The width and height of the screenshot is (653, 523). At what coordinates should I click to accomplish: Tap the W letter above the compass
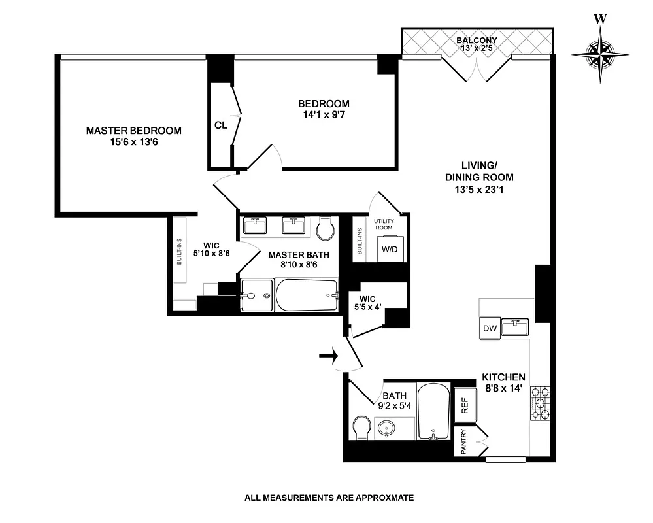pyautogui.click(x=599, y=18)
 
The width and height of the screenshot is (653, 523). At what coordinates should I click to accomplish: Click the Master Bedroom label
pyautogui.click(x=133, y=136)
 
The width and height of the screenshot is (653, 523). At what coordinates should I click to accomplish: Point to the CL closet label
pyautogui.click(x=220, y=126)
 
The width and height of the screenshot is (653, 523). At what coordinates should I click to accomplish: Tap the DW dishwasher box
pyautogui.click(x=489, y=328)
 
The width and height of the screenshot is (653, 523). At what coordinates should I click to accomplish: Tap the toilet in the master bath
pyautogui.click(x=325, y=229)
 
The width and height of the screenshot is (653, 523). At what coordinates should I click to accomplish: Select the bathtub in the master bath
pyautogui.click(x=307, y=296)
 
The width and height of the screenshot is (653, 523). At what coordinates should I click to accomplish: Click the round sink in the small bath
pyautogui.click(x=387, y=428)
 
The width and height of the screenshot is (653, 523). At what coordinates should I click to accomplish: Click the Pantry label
pyautogui.click(x=463, y=441)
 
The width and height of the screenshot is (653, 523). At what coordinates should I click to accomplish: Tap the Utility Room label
pyautogui.click(x=383, y=225)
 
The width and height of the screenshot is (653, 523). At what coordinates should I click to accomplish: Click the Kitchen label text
pyautogui.click(x=503, y=377)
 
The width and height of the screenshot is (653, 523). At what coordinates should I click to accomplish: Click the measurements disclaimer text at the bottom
pyautogui.click(x=329, y=498)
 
